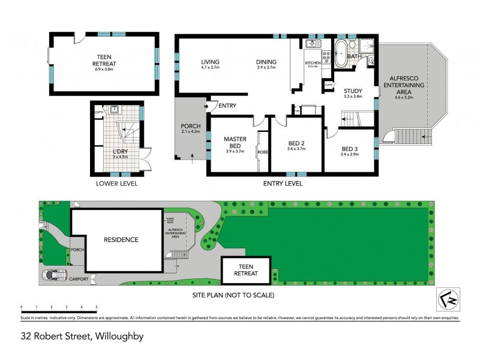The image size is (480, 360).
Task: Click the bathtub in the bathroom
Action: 340,54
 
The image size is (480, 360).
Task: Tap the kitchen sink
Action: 312,44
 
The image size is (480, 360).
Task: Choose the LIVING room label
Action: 210,62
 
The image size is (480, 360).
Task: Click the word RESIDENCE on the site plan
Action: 120,239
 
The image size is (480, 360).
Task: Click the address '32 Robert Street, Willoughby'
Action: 82,337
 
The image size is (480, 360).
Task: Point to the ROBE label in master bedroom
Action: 262,152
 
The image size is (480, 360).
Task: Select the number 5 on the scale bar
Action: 97,307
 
